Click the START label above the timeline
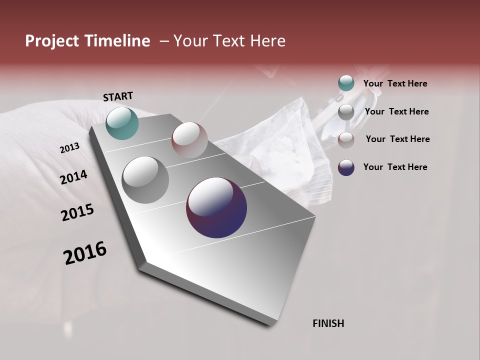tap(118, 96)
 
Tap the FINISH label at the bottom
tap(328, 323)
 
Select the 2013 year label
tap(69, 148)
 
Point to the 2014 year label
tap(73, 177)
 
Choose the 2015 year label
tap(77, 212)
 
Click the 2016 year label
tap(85, 253)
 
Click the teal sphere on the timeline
tap(122, 123)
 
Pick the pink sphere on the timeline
tap(189, 140)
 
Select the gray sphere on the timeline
tap(145, 179)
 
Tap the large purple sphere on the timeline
tap(216, 207)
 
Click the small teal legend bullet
tap(346, 83)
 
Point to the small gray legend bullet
tap(346, 112)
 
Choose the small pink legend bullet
tap(346, 140)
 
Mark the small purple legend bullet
tap(346, 167)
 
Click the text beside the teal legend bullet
tap(395, 83)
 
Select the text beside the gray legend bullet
tap(396, 111)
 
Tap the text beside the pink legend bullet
tap(397, 139)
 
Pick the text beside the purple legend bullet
tap(395, 167)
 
